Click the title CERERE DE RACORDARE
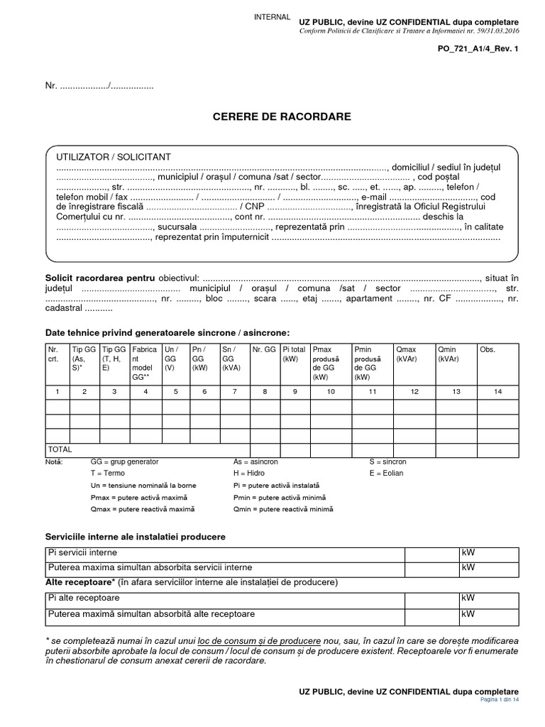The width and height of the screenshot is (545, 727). (282, 116)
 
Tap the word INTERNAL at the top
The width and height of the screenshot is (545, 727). (272, 17)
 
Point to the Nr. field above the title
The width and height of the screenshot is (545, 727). (99, 86)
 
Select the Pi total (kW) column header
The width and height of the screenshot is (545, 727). (294, 354)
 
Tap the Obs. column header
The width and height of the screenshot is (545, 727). (488, 349)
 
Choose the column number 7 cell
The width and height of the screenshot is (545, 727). (234, 391)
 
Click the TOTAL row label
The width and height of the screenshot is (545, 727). (60, 449)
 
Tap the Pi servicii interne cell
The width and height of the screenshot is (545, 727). (82, 552)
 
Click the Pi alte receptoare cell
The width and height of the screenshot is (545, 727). (84, 599)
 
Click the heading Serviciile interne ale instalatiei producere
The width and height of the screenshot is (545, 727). (136, 536)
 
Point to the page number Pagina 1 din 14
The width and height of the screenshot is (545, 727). (500, 699)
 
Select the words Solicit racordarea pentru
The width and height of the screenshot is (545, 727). (100, 278)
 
